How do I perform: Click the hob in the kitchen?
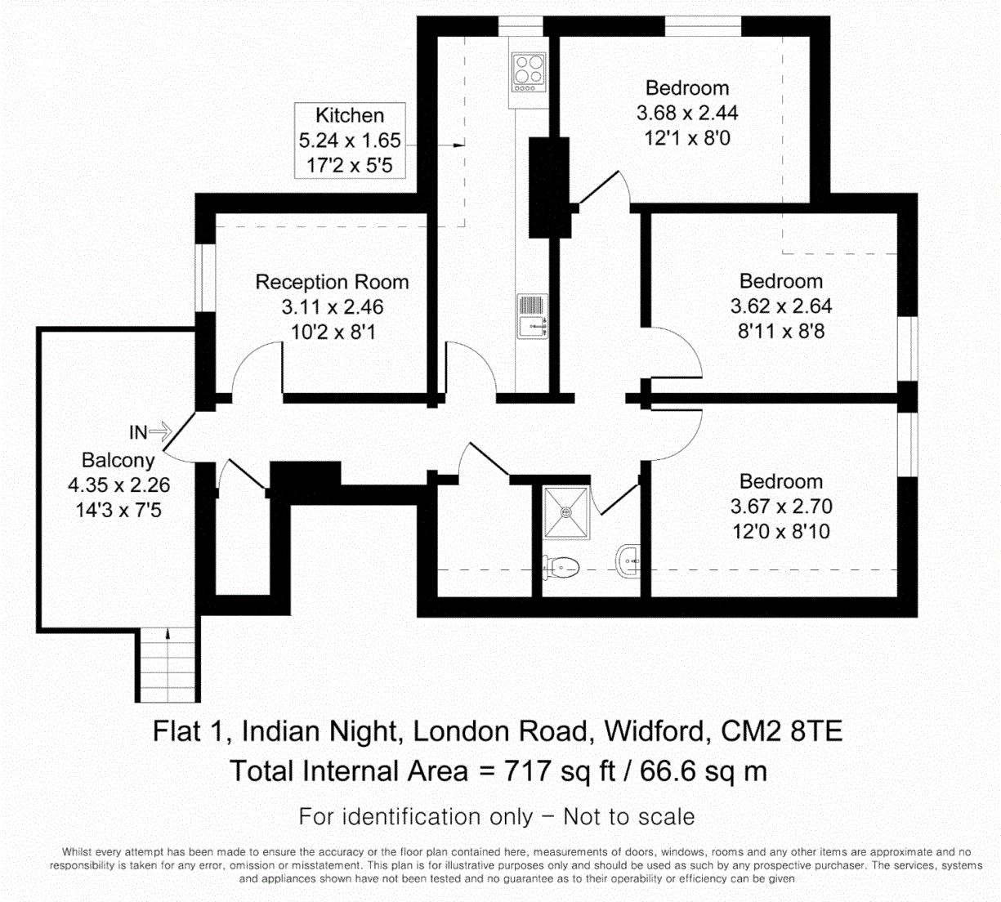(529, 71)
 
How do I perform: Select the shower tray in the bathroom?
(565, 513)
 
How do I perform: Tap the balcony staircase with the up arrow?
(168, 664)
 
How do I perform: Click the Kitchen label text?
(350, 115)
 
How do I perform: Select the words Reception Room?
(332, 282)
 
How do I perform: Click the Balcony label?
(118, 460)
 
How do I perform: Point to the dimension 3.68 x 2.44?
(687, 113)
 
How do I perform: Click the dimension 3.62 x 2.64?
(780, 306)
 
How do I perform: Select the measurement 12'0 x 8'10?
(780, 532)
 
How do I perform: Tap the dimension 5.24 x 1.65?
(350, 141)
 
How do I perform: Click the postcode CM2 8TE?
(781, 730)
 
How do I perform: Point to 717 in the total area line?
(528, 771)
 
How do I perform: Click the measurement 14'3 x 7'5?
(118, 511)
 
